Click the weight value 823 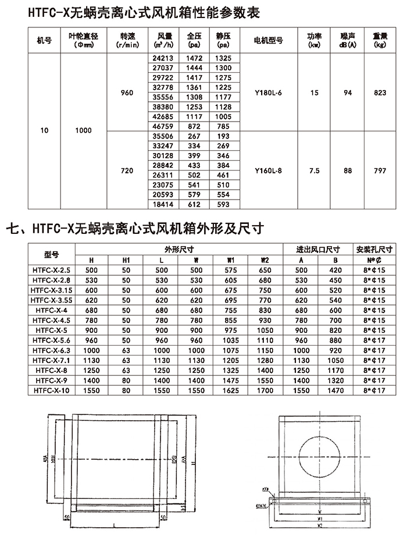tap(380, 93)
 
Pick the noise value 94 tap(348, 93)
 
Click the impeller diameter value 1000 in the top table tap(84, 131)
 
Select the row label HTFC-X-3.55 tap(52, 300)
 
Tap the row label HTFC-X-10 tap(52, 391)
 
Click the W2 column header tap(265, 260)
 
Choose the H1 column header tap(126, 260)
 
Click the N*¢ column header tap(374, 260)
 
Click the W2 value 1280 tap(265, 361)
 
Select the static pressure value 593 tap(222, 205)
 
